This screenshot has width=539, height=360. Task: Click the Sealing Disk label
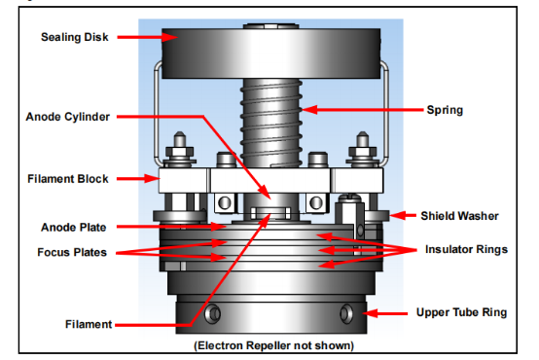75,37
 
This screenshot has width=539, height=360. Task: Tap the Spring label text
445,110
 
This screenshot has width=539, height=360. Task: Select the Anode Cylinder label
68,117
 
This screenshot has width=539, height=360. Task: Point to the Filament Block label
68,179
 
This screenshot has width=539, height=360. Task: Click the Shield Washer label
459,216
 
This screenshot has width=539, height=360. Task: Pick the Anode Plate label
74,228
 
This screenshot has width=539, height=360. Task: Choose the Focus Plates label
72,252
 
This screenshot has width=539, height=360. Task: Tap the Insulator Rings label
466,249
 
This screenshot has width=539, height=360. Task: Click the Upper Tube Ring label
461,312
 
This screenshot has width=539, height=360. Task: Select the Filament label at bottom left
89,324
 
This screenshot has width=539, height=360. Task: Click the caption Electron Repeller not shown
274,345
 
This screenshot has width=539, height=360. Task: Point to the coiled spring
271,124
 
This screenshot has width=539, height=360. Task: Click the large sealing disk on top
271,53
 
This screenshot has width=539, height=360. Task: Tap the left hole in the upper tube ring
213,313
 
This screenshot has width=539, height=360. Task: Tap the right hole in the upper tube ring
346,313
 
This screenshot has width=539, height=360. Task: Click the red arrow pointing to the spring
363,110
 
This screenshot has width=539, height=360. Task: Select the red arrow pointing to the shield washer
403,216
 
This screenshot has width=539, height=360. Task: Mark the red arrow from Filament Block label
138,178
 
